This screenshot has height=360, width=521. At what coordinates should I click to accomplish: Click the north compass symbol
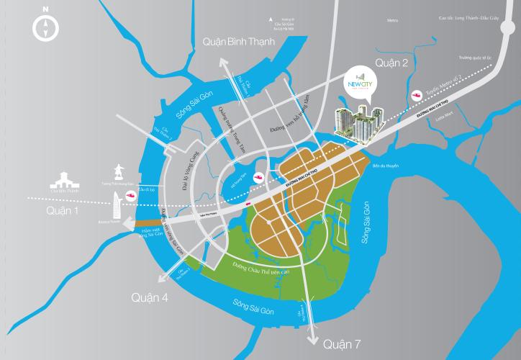pyautogui.click(x=45, y=29)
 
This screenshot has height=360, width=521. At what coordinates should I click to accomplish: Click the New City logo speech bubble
pyautogui.click(x=361, y=81)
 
